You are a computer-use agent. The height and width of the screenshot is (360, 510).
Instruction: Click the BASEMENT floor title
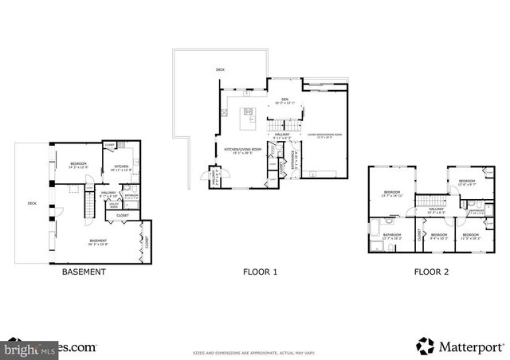(84, 272)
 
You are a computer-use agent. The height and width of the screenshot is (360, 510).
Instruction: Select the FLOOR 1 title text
(260, 272)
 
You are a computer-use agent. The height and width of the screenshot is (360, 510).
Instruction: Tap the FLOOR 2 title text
(431, 272)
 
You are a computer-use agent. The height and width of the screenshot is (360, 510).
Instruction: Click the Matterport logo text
(463, 346)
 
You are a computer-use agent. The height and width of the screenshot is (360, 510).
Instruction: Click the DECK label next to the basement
(32, 204)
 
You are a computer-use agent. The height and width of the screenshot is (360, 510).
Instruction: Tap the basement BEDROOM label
(77, 165)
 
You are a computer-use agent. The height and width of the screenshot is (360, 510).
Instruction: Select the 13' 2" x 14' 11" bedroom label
(392, 194)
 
